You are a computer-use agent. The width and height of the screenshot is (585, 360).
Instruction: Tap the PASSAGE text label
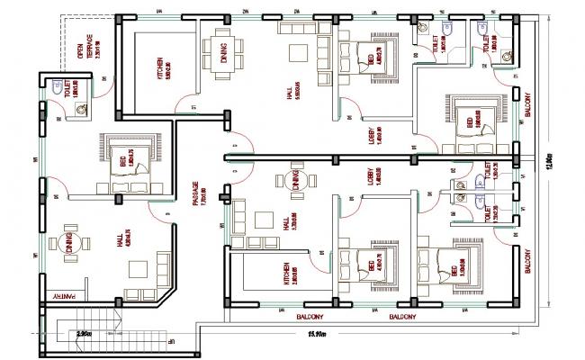196,196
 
